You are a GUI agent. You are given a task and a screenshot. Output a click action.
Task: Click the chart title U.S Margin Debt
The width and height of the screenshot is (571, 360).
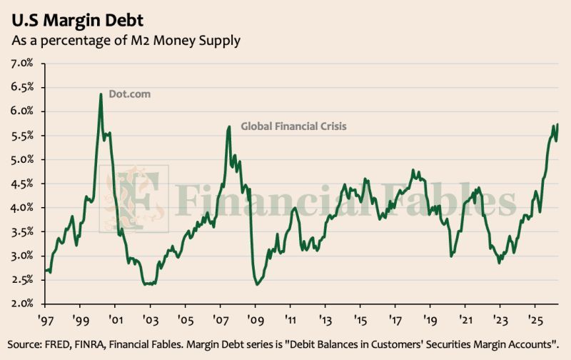click(x=78, y=20)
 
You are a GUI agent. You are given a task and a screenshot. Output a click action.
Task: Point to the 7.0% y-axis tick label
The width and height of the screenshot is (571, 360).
click(x=22, y=64)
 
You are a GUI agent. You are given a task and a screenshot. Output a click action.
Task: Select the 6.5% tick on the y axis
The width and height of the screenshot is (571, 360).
click(x=22, y=87)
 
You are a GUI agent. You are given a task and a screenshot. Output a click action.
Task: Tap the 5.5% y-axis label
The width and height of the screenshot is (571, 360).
click(x=22, y=136)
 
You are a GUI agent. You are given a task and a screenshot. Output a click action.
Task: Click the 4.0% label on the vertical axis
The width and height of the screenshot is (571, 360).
click(x=22, y=208)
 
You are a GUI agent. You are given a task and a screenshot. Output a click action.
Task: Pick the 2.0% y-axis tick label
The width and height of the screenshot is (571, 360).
click(x=22, y=304)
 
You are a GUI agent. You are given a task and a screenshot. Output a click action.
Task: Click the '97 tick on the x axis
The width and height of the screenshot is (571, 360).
click(x=46, y=321)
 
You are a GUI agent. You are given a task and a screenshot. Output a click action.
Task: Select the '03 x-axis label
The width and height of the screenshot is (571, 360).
click(x=151, y=321)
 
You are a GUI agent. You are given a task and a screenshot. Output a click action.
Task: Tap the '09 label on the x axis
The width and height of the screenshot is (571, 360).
click(x=256, y=321)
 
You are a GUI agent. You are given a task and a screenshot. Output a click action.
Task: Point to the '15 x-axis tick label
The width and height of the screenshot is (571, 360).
click(x=360, y=321)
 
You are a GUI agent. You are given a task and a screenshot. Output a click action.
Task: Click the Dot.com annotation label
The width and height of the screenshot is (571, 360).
click(x=130, y=94)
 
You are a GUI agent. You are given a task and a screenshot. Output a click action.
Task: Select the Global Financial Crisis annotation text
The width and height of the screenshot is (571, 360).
click(x=293, y=126)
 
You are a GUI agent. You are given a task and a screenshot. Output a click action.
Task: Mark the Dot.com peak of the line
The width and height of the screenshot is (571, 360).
click(x=101, y=94)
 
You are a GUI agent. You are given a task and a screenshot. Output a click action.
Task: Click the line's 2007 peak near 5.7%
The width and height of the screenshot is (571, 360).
click(x=229, y=127)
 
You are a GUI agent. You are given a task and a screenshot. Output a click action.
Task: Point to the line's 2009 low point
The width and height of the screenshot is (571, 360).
click(x=257, y=284)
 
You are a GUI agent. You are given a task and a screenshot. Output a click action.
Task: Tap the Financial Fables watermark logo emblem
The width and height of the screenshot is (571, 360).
click(x=134, y=199)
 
